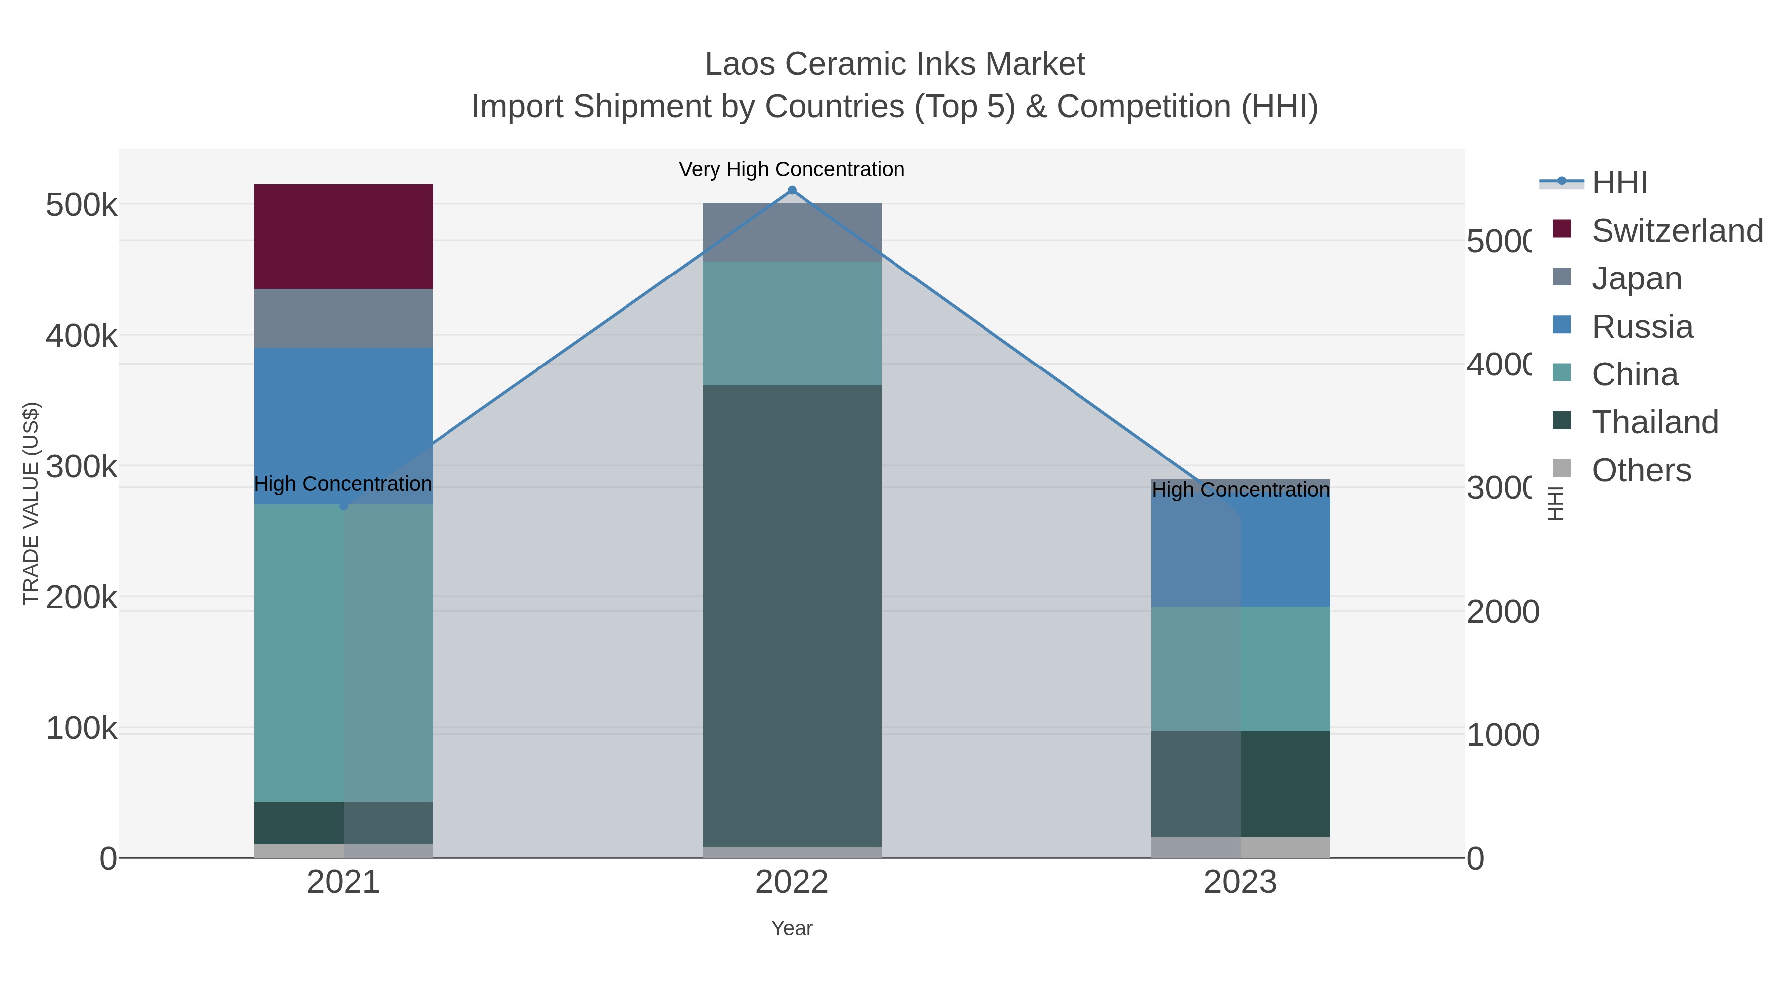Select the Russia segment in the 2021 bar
(x=343, y=425)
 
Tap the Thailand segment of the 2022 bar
(x=792, y=615)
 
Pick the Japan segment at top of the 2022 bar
(x=792, y=232)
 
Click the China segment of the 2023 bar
(x=1241, y=668)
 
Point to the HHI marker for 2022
(x=792, y=190)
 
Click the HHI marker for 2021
(x=343, y=505)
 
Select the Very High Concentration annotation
(x=792, y=169)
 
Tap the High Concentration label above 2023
(x=1241, y=490)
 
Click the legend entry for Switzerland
(x=1676, y=231)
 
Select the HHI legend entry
(x=1619, y=183)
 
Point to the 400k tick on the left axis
(x=82, y=336)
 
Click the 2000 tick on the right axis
(x=1502, y=612)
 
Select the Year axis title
(x=792, y=928)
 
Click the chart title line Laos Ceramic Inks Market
(x=895, y=64)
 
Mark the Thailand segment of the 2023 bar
(x=1241, y=783)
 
